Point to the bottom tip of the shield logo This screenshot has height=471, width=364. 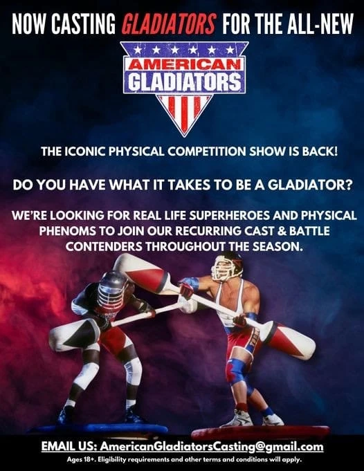click(183, 133)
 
